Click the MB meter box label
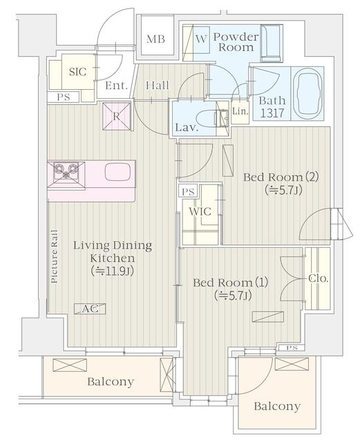(x=155, y=39)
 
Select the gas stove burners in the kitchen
(x=66, y=171)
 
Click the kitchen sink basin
(x=117, y=172)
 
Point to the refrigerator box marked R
(x=117, y=117)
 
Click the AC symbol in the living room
(x=90, y=309)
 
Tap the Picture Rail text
(x=54, y=256)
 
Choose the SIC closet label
(x=77, y=72)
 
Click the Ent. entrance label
(x=116, y=86)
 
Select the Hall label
(x=158, y=85)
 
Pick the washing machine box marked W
(x=201, y=39)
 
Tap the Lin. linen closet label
(x=240, y=111)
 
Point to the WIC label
(x=200, y=211)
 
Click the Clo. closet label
(x=319, y=278)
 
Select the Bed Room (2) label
(x=281, y=177)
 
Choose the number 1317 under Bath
(x=272, y=113)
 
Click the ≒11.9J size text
(x=112, y=271)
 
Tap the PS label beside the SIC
(x=63, y=97)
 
